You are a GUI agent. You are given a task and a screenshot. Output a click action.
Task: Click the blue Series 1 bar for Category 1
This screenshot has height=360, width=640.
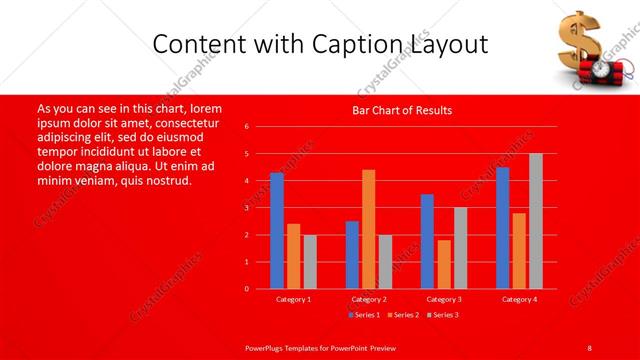(x=276, y=231)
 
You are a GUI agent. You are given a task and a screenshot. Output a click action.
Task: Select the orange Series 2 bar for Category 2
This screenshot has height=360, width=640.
(x=368, y=229)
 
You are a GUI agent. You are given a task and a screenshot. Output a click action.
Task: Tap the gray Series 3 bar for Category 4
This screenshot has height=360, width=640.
(x=536, y=221)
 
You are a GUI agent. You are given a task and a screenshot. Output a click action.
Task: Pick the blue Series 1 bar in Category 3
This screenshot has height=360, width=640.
(x=427, y=241)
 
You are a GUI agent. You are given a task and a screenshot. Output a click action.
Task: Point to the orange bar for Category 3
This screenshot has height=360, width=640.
(x=444, y=264)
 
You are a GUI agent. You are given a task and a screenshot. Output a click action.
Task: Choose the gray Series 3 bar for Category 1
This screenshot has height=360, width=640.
(x=310, y=262)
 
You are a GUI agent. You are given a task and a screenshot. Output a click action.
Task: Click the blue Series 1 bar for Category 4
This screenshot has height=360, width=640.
(x=502, y=228)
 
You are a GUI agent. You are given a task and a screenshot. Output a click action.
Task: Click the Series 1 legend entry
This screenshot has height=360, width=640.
(x=365, y=315)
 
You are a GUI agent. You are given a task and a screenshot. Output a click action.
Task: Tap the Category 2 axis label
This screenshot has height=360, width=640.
(x=369, y=299)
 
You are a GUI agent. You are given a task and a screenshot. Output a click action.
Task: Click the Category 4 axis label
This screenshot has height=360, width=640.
(x=519, y=299)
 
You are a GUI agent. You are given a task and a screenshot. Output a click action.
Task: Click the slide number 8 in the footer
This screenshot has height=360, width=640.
(x=589, y=347)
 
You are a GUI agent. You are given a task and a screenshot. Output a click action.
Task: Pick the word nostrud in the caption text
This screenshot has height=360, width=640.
(x=166, y=181)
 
